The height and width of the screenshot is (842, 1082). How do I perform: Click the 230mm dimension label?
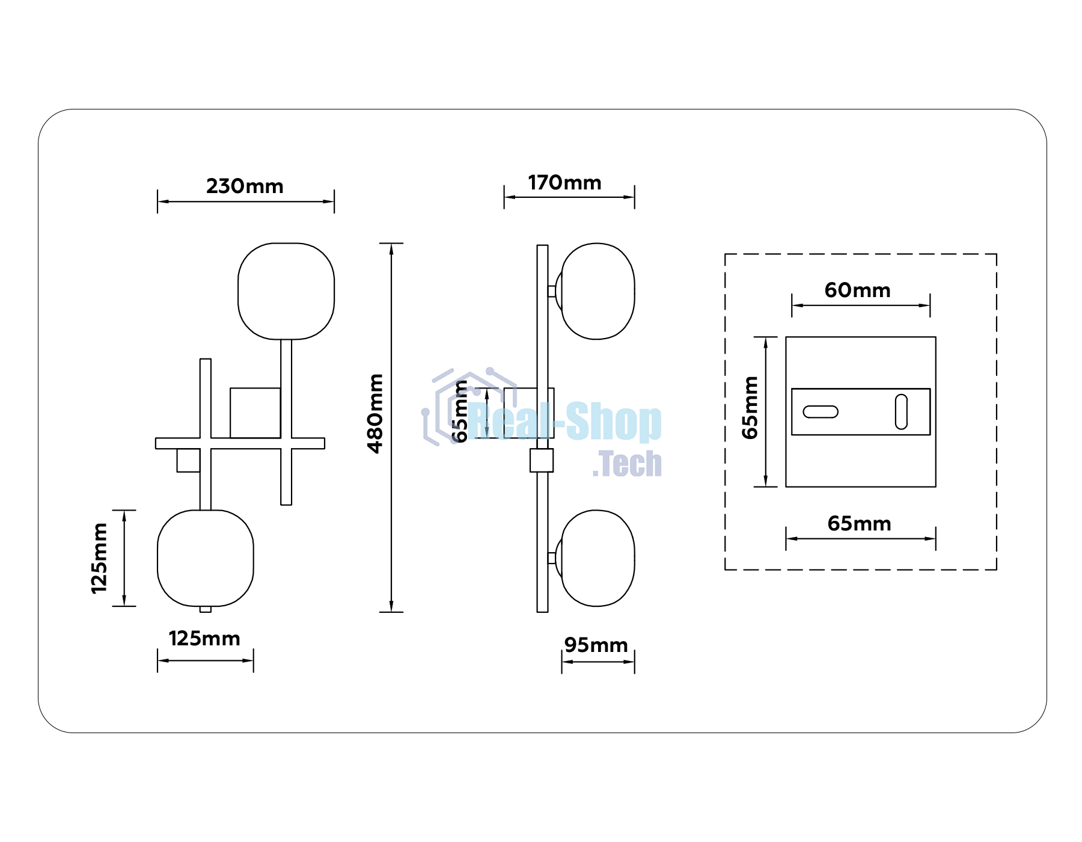click(245, 186)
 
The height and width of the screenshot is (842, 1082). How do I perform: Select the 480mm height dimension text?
click(375, 413)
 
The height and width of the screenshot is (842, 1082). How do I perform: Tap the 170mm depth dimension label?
click(564, 182)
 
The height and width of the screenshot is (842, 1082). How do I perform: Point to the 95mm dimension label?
click(596, 645)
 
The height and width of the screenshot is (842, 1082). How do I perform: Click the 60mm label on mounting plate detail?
click(857, 290)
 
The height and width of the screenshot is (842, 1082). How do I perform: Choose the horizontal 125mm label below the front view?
click(204, 638)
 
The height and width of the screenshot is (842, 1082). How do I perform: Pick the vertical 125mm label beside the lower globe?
click(99, 558)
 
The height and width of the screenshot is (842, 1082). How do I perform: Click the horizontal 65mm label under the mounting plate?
click(859, 523)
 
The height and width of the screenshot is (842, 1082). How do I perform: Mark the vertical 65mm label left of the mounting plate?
click(750, 407)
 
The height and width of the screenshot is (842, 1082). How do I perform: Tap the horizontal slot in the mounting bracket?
click(821, 412)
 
